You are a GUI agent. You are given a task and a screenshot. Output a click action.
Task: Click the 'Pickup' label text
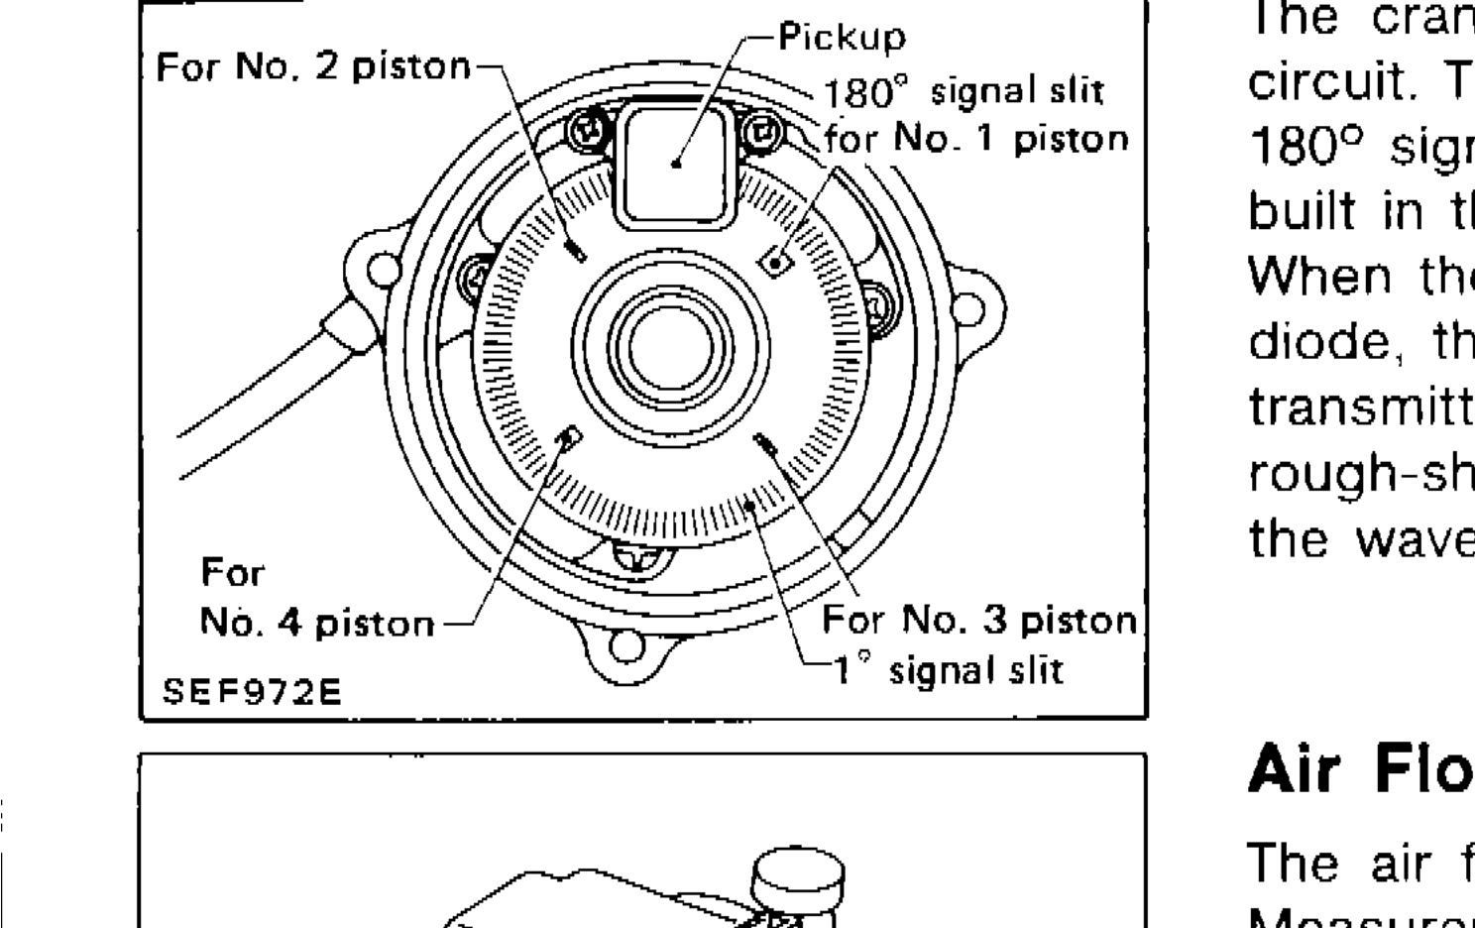(x=842, y=37)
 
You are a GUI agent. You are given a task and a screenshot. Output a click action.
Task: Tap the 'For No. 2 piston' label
(x=313, y=66)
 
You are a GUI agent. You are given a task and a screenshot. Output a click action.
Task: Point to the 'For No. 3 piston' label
(x=978, y=622)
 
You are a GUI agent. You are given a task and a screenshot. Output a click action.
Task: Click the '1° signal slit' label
(x=946, y=670)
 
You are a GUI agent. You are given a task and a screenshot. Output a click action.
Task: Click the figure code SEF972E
(x=252, y=690)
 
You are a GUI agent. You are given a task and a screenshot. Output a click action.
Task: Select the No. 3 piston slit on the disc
(x=767, y=446)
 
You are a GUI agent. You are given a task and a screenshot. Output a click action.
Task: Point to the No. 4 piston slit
(x=570, y=436)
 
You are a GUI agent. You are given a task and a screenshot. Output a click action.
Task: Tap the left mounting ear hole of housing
(x=382, y=268)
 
